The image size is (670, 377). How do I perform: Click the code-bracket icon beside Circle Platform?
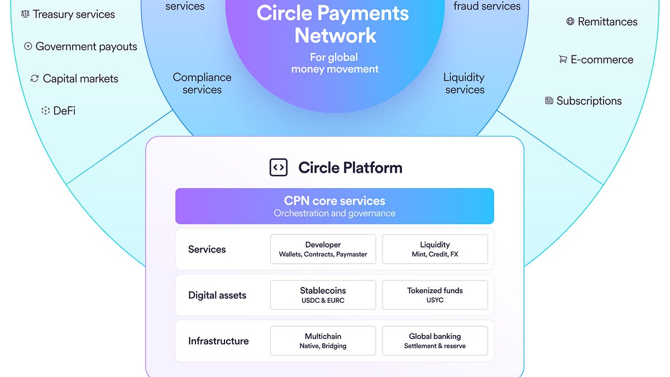coord(279,167)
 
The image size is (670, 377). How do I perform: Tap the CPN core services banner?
coord(334,206)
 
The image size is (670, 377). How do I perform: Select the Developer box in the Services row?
coord(323,249)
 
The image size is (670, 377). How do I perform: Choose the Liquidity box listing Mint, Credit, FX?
coord(434,249)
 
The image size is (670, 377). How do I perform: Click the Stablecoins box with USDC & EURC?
coord(323,295)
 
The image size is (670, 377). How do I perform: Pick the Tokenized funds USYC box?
coord(434,295)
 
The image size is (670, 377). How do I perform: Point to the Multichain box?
coord(323,341)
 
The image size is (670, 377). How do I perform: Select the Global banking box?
coord(434,341)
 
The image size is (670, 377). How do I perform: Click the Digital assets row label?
coord(217,295)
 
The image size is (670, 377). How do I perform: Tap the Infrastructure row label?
coord(218,341)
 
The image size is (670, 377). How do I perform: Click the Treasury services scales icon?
coord(25,14)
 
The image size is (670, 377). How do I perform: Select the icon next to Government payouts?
coord(28,46)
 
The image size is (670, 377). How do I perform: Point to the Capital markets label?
coord(80,79)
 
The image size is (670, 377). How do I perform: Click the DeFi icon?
coord(46,111)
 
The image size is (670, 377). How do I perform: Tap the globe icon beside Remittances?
coord(570,22)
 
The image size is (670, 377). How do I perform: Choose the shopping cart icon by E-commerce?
coord(563,60)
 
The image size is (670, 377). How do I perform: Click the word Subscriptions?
coord(589,101)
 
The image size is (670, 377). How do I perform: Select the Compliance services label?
coord(202,84)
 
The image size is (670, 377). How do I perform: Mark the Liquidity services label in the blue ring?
coord(465,84)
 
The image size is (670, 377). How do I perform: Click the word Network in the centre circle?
coord(335,36)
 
